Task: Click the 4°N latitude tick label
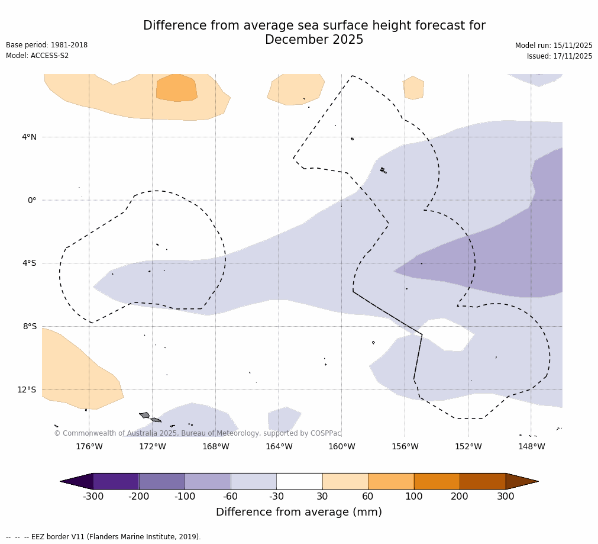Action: click(29, 137)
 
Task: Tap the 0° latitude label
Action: click(32, 201)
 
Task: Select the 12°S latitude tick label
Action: click(27, 390)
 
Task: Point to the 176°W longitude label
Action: click(89, 447)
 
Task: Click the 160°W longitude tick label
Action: click(342, 447)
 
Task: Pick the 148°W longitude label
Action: click(531, 447)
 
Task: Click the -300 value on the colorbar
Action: click(93, 497)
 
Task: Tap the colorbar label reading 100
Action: click(414, 497)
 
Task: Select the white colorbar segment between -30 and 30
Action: click(299, 481)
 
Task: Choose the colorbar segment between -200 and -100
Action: click(161, 481)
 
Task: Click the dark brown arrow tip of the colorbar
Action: click(523, 481)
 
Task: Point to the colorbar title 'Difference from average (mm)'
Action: click(299, 513)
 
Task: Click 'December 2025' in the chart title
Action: click(314, 40)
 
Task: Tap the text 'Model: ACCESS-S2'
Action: click(37, 56)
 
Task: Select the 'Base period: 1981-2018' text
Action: click(47, 46)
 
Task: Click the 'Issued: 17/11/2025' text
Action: click(560, 57)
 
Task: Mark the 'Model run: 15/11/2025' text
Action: click(554, 46)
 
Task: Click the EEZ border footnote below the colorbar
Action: click(104, 537)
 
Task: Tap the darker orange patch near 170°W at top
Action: click(176, 88)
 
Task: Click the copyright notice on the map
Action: click(198, 434)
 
